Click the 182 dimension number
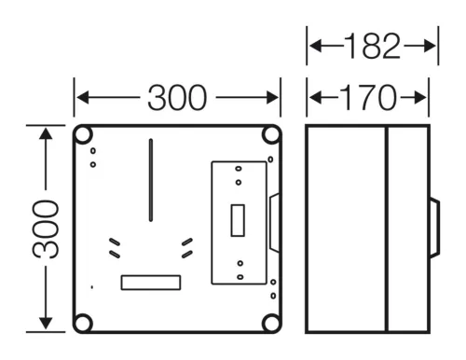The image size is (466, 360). pyautogui.click(x=373, y=46)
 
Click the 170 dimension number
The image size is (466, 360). pyautogui.click(x=369, y=98)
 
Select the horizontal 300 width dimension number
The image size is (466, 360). pyautogui.click(x=177, y=98)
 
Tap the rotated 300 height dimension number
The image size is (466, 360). pyautogui.click(x=46, y=229)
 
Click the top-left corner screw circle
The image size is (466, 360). pyautogui.click(x=83, y=135)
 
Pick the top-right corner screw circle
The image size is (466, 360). pyautogui.click(x=271, y=135)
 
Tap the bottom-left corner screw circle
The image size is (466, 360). pyautogui.click(x=83, y=324)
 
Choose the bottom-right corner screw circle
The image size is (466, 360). pyautogui.click(x=271, y=324)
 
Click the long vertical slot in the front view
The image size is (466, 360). pyautogui.click(x=151, y=180)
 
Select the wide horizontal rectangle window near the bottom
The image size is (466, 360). pyautogui.click(x=151, y=283)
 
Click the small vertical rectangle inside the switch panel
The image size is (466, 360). pyautogui.click(x=238, y=220)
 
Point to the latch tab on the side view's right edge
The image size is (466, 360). pyautogui.click(x=435, y=228)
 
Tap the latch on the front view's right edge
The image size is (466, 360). pyautogui.click(x=274, y=222)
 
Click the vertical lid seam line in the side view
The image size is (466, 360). pyautogui.click(x=387, y=228)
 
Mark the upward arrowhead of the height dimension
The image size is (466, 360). pyautogui.click(x=46, y=134)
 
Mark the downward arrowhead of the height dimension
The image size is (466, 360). pyautogui.click(x=46, y=324)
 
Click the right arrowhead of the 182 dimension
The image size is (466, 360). pyautogui.click(x=430, y=46)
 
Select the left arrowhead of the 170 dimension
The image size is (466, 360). pyautogui.click(x=316, y=98)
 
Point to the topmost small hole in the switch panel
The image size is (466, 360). pyautogui.click(x=239, y=169)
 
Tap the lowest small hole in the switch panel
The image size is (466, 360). pyautogui.click(x=240, y=277)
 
